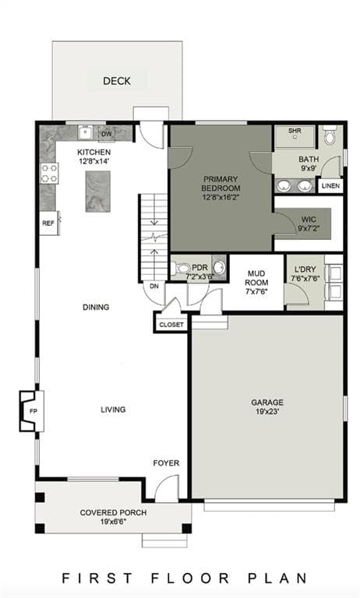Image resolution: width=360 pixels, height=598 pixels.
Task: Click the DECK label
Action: pos(117,81)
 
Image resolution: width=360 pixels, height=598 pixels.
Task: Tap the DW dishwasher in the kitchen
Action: pos(107,134)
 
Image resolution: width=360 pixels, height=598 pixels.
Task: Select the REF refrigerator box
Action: pos(48,223)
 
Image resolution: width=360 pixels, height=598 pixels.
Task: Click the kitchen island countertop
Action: pos(97,192)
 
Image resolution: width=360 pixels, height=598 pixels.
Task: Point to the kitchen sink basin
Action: pos(85,133)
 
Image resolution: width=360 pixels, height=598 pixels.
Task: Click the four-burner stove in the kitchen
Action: pos(49,173)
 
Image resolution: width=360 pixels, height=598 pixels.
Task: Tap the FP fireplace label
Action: pos(33,411)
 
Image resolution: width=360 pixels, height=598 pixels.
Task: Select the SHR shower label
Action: pos(295,131)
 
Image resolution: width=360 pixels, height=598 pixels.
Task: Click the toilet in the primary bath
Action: pos(330,135)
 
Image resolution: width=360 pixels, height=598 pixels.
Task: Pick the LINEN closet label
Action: pos(330,186)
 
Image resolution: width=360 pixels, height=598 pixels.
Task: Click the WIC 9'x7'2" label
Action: pos(309,224)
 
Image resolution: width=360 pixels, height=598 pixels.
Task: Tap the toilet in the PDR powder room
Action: pos(179,268)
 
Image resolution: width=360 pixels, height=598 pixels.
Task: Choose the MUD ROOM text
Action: pos(256,278)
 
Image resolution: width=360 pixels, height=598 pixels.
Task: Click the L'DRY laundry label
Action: pos(305,269)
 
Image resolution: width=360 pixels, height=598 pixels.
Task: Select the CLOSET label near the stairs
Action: pos(171,325)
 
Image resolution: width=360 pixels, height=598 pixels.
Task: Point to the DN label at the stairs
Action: pos(154,286)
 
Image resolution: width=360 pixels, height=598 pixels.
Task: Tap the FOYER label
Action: pos(166,463)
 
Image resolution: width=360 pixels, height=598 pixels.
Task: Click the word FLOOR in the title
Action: pos(189,578)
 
